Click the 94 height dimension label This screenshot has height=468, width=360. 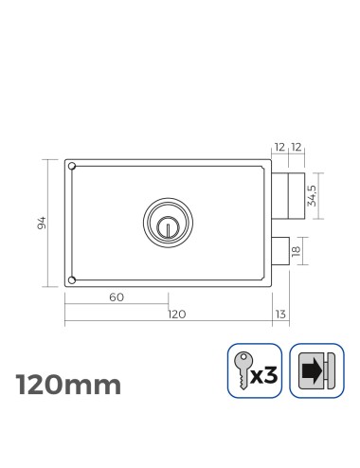coord(40,223)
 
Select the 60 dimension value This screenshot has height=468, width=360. coord(116,297)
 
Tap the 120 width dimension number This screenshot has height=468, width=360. coord(176,314)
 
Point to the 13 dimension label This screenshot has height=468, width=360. coord(279,314)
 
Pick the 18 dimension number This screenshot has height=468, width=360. coord(297,250)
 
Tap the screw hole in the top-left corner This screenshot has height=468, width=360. coord(72,168)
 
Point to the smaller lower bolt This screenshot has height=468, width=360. coord(281,250)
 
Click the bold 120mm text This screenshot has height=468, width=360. coord(68,385)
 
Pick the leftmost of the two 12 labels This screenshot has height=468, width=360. coord(279,149)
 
